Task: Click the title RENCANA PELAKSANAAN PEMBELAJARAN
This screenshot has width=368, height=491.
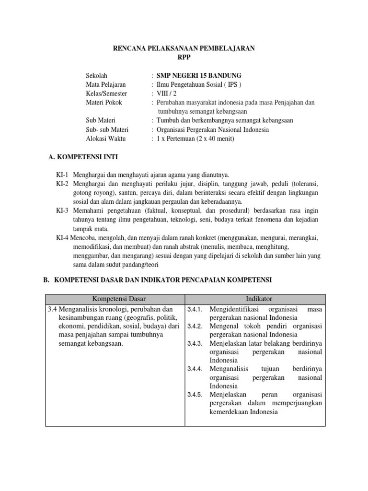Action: pos(184,48)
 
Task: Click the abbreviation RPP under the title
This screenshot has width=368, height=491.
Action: pos(184,57)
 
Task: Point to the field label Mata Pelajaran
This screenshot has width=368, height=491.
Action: pos(105,84)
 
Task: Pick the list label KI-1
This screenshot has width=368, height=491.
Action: pos(63,175)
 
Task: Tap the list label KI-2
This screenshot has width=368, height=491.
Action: pos(63,184)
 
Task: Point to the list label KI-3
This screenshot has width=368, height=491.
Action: pos(63,211)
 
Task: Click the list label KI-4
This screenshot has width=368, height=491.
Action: pos(63,238)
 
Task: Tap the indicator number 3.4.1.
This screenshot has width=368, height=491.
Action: pos(195,310)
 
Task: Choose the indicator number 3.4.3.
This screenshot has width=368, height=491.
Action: pos(195,344)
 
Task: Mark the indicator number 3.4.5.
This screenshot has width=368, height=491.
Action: pos(195,395)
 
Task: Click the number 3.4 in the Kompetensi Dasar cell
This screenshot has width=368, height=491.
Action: pos(52,309)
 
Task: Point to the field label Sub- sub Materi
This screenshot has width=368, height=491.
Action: pos(107,129)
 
